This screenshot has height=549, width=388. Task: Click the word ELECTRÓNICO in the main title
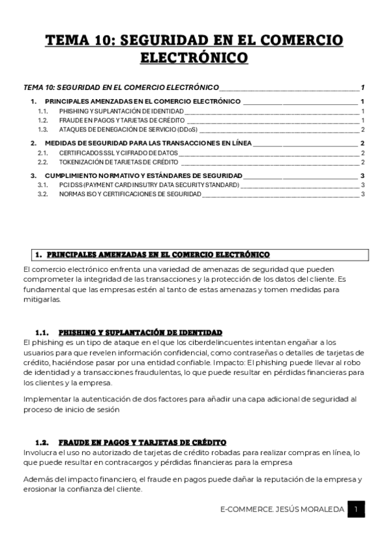tap(194, 58)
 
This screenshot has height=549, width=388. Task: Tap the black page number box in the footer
tap(356, 510)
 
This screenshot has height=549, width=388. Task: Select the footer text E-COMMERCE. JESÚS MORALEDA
tap(281, 510)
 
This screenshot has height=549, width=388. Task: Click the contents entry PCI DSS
tap(149, 185)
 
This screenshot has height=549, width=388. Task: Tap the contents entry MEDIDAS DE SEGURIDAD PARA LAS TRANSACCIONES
tap(148, 143)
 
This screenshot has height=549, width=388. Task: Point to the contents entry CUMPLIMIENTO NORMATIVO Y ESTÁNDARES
tap(143, 175)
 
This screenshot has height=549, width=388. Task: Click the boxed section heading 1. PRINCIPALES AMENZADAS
tap(153, 254)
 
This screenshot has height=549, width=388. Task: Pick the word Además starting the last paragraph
tap(38, 480)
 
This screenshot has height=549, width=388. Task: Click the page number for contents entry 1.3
tap(362, 129)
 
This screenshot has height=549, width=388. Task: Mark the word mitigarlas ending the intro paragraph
tap(41, 300)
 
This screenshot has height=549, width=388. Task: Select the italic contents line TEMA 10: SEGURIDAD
tap(120, 87)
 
